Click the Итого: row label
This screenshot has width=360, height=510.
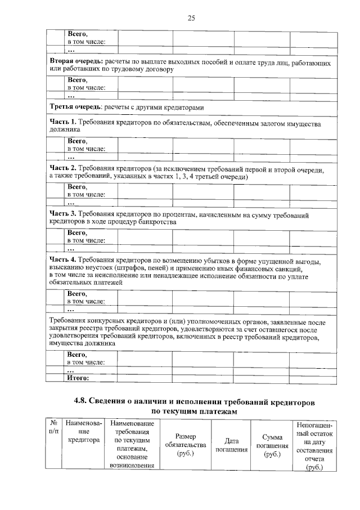tap(79, 378)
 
